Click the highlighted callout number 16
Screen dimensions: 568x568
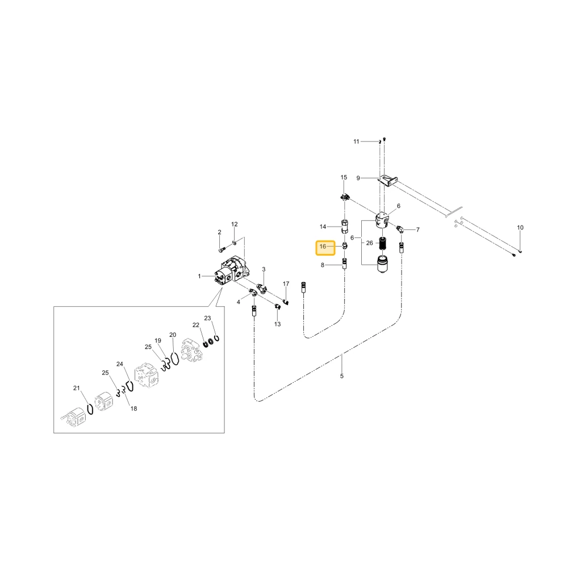pos(323,247)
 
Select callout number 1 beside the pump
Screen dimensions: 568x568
pos(199,276)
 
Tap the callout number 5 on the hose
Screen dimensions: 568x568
pos(341,376)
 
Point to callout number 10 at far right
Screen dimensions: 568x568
pos(520,228)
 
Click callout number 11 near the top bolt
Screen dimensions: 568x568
pos(357,141)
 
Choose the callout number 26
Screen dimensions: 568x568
pos(370,243)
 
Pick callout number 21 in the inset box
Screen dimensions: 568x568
pos(77,388)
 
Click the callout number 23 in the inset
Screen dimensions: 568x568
pos(207,318)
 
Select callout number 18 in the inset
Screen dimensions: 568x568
pos(133,408)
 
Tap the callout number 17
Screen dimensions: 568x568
pos(286,283)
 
